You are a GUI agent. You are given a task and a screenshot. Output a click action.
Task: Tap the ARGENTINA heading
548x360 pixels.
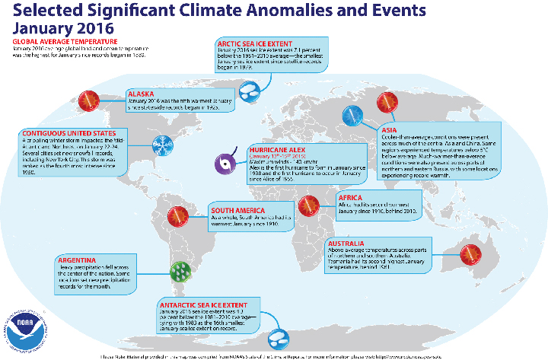click(x=81, y=260)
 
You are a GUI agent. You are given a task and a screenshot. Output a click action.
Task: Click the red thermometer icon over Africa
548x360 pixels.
click(x=308, y=204)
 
